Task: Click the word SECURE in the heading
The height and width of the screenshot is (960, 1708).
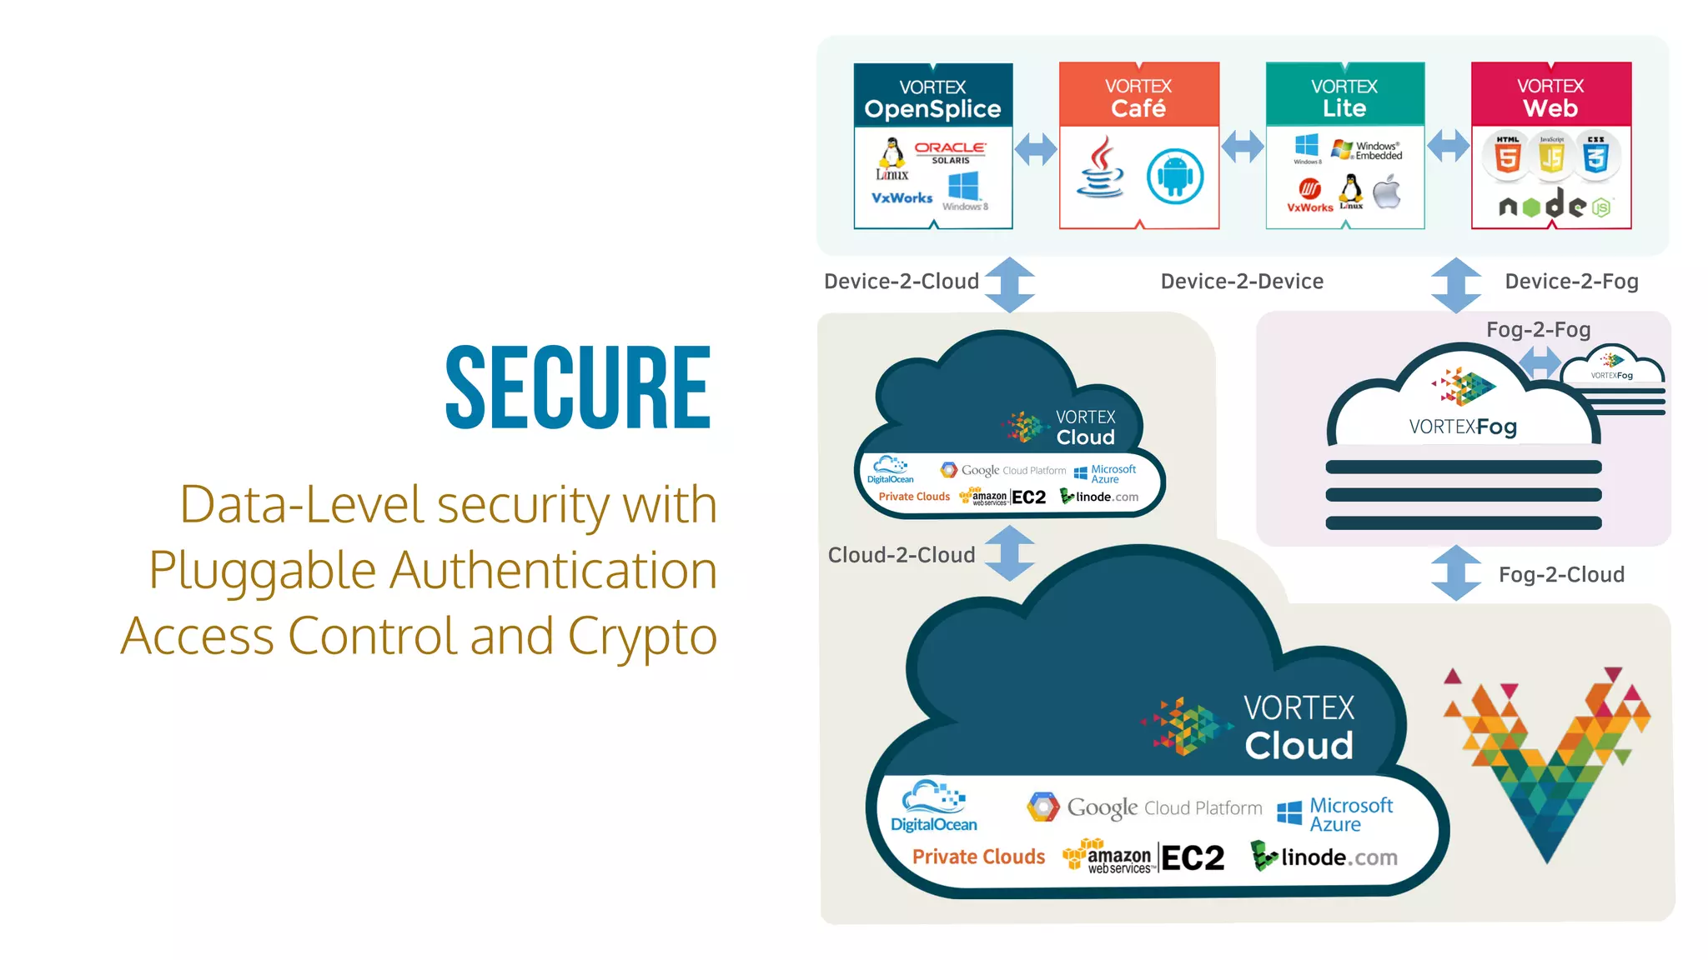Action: [578, 387]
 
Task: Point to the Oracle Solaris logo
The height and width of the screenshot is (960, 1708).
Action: [950, 152]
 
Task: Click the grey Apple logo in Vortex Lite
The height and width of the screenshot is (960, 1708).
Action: [1387, 192]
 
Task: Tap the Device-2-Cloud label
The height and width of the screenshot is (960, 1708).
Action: [901, 282]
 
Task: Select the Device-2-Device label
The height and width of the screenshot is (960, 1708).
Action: [1242, 282]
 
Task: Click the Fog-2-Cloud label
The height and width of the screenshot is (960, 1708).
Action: [1561, 575]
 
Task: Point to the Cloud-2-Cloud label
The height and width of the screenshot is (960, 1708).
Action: [901, 555]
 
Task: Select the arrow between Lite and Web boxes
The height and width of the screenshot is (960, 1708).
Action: [1448, 147]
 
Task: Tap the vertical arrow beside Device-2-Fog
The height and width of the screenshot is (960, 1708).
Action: [1456, 285]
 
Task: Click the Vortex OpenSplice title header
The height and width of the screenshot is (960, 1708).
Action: [932, 98]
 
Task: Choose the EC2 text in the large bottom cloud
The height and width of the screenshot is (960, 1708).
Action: [1193, 858]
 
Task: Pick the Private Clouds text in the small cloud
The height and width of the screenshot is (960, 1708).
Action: [914, 497]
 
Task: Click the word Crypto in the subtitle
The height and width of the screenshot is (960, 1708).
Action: [642, 637]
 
